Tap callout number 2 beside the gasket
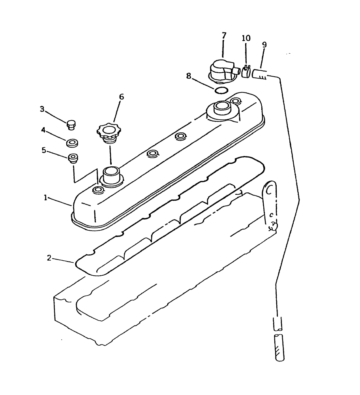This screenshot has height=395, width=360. [x=49, y=258]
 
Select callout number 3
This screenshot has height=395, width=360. [x=42, y=109]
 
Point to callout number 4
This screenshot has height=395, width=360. [x=44, y=130]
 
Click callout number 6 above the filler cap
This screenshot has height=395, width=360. [x=121, y=97]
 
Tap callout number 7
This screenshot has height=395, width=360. [x=224, y=35]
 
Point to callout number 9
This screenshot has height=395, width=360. [x=264, y=45]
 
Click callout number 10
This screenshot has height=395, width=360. [x=246, y=38]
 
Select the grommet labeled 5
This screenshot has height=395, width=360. [x=73, y=158]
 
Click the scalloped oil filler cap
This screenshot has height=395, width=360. [x=108, y=132]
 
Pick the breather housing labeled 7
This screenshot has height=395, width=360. [x=222, y=71]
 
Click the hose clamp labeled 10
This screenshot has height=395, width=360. [x=246, y=71]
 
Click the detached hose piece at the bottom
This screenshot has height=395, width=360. [x=278, y=346]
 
